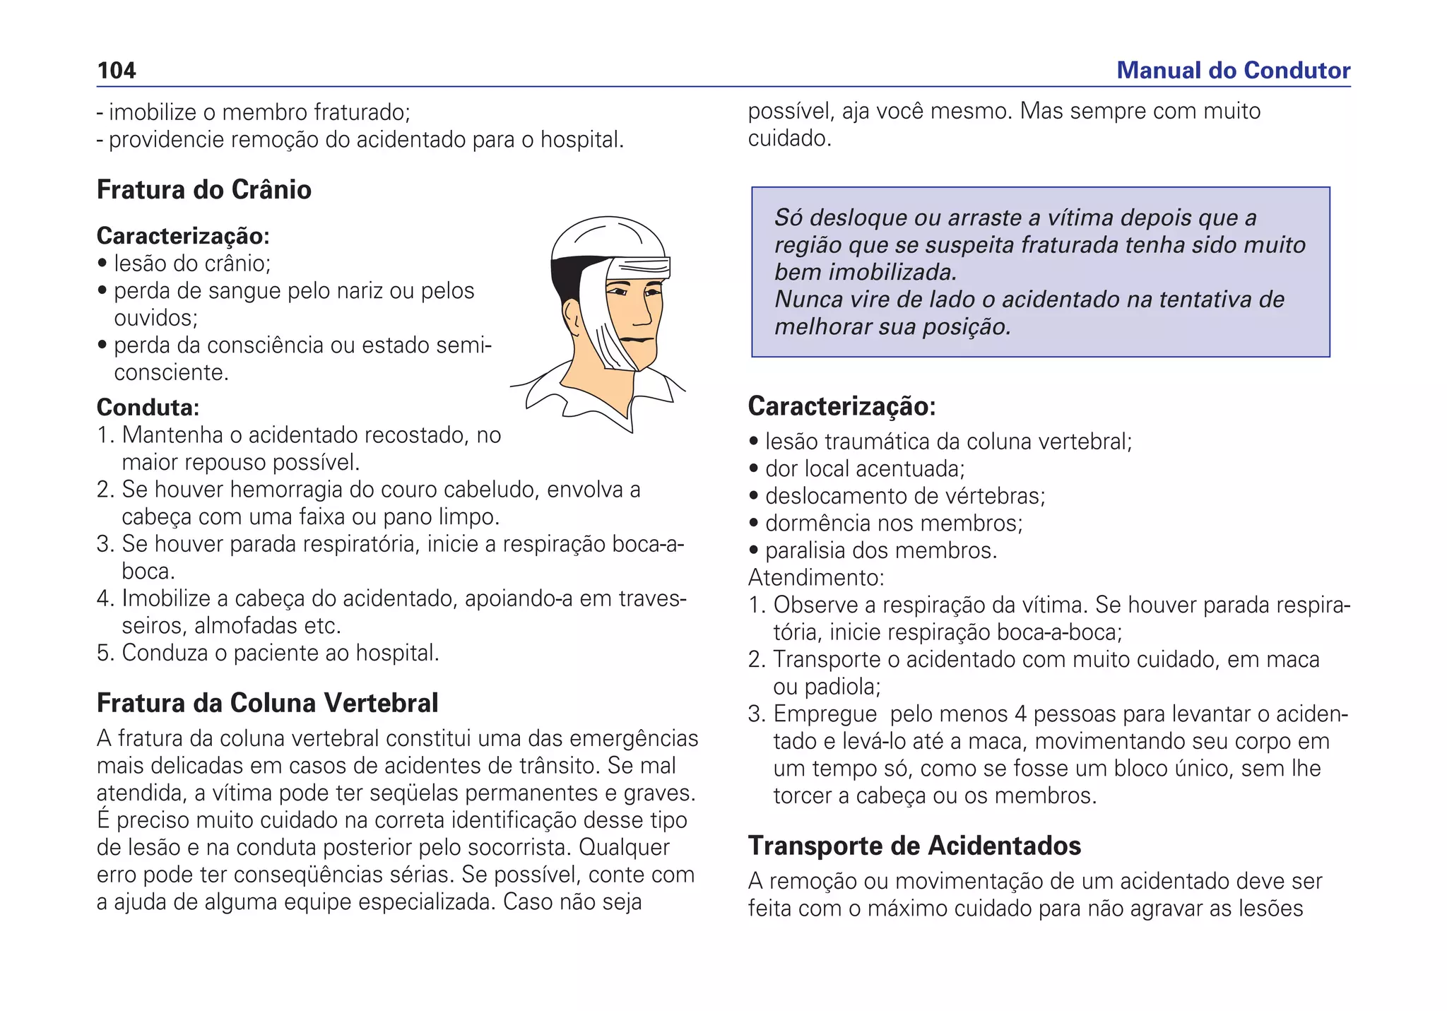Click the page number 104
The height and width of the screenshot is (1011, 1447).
pos(117,71)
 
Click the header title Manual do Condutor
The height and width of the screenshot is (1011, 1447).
pos(1233,71)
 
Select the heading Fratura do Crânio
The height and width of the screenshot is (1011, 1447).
pos(203,190)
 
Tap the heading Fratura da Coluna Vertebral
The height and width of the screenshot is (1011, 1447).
pos(267,703)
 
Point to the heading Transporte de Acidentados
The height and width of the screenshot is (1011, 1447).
pos(914,846)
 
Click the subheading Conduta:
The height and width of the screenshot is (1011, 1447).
pos(148,408)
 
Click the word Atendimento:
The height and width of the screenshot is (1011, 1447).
pos(816,578)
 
